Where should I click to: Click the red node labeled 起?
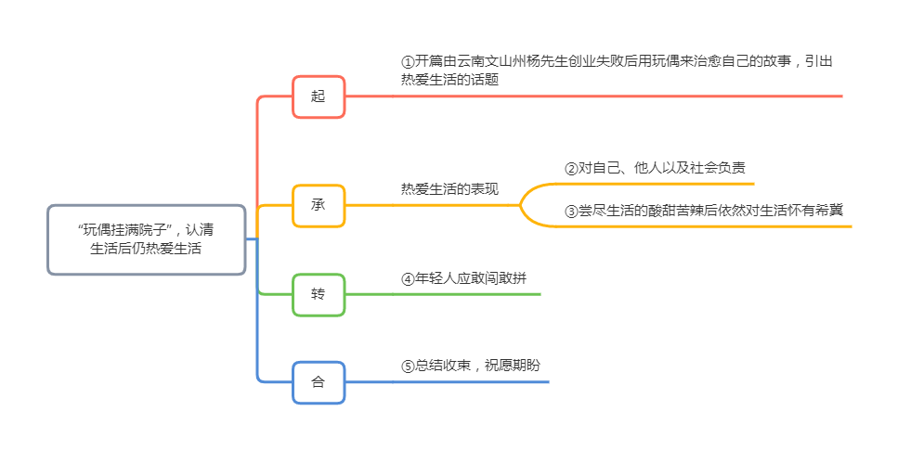pyautogui.click(x=319, y=96)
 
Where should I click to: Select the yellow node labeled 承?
pyautogui.click(x=319, y=205)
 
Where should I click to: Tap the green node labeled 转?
pyautogui.click(x=319, y=294)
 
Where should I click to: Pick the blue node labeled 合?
pyautogui.click(x=319, y=381)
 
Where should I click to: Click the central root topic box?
pyautogui.click(x=146, y=239)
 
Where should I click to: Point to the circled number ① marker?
pyautogui.click(x=408, y=62)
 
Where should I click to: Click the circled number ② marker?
pyautogui.click(x=571, y=169)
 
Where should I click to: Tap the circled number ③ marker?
pyautogui.click(x=571, y=211)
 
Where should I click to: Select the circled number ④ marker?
pyautogui.click(x=408, y=278)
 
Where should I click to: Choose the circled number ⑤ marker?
pyautogui.click(x=408, y=366)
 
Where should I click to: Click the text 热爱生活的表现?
pyautogui.click(x=449, y=189)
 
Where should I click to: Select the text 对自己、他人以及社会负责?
pyautogui.click(x=661, y=169)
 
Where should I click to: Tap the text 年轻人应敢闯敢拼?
pyautogui.click(x=475, y=278)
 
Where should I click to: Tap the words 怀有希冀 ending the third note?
pyautogui.click(x=813, y=211)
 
